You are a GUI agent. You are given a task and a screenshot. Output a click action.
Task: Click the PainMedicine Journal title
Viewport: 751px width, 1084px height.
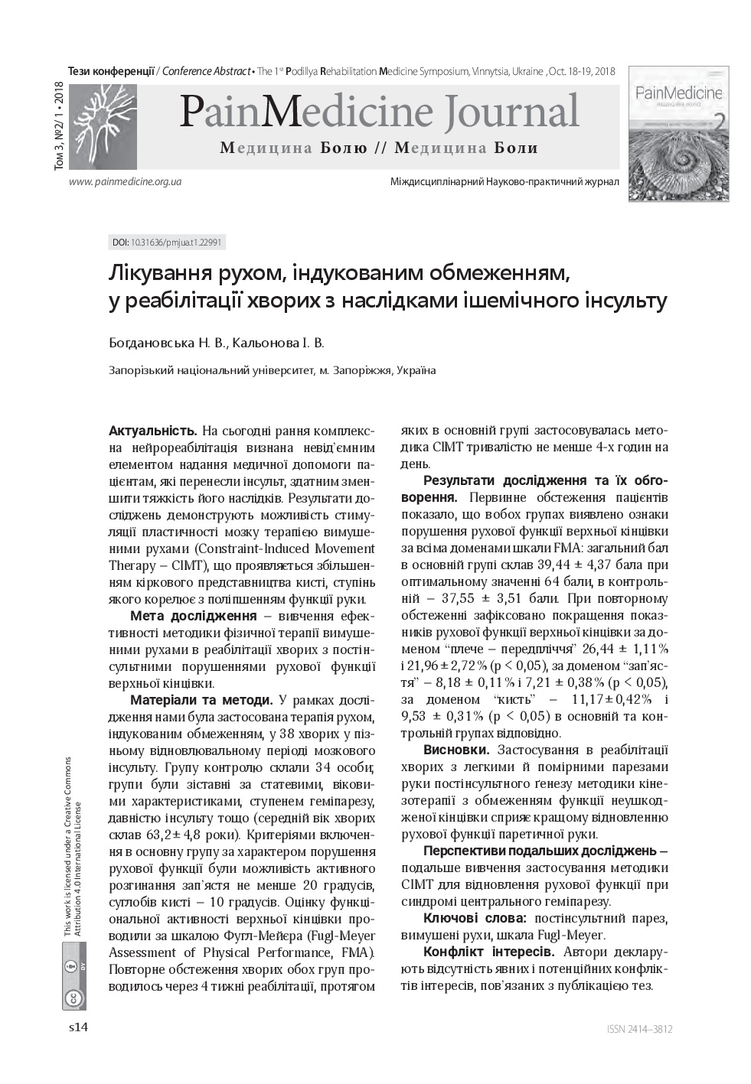pos(379,112)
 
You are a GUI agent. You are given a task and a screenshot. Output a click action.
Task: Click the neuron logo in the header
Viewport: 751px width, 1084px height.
pos(103,126)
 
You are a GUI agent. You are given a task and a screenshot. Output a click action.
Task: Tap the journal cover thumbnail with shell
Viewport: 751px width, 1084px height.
pos(678,133)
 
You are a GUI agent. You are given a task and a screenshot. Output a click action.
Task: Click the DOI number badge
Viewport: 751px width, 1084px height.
pos(168,243)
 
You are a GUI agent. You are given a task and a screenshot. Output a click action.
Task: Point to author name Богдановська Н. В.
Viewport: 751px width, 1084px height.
pos(168,343)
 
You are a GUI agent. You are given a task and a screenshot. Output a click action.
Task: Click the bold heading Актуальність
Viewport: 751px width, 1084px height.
pos(153,431)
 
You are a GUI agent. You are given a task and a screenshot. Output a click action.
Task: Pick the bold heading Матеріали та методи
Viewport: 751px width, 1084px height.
pos(201,700)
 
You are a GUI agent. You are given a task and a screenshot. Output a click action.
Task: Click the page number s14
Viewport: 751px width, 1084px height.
pos(79,1027)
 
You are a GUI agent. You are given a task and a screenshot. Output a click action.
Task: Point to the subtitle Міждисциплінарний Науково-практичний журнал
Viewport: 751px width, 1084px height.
pos(504,182)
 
